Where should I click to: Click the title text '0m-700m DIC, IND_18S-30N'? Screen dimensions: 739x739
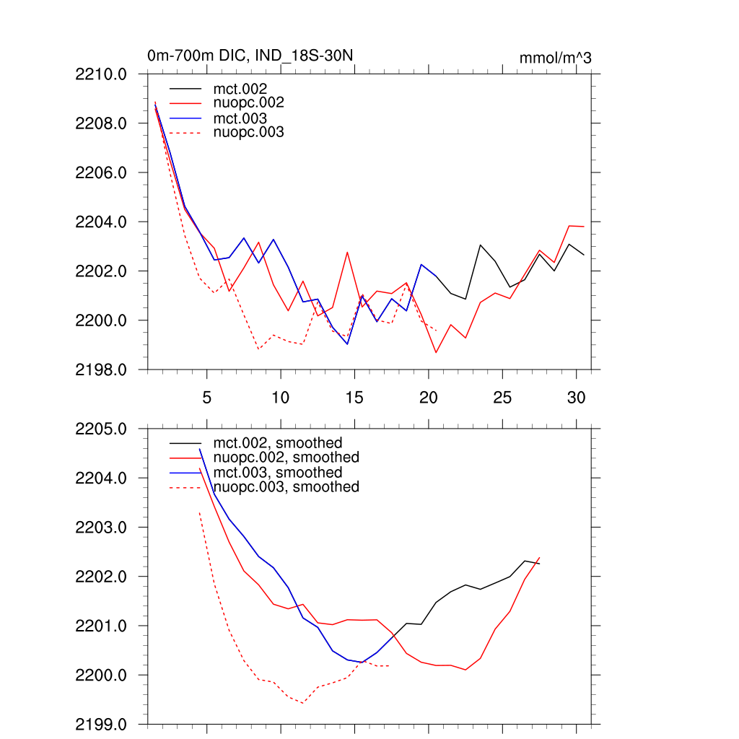(x=250, y=56)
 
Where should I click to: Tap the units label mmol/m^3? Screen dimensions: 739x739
(x=555, y=58)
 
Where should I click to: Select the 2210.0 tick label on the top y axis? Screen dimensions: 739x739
(x=101, y=74)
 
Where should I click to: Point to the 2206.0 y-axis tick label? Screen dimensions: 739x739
(x=101, y=172)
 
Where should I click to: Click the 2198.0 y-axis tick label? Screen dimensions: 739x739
(x=101, y=369)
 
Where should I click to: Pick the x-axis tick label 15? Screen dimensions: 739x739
(x=354, y=397)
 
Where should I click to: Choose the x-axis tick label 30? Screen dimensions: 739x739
(x=576, y=397)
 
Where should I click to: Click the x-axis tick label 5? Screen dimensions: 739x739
(x=207, y=397)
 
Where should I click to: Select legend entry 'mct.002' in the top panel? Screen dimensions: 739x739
(x=245, y=89)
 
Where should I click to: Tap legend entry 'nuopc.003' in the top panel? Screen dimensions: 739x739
(x=253, y=132)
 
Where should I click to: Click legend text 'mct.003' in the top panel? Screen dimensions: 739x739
(x=245, y=118)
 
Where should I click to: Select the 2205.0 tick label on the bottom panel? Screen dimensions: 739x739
(x=101, y=429)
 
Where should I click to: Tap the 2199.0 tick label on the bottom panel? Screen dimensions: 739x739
(x=101, y=724)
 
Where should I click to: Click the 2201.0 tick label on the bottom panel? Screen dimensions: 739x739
(x=101, y=626)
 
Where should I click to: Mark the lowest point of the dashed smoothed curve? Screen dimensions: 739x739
(x=302, y=702)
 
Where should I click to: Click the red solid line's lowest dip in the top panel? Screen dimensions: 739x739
(x=436, y=352)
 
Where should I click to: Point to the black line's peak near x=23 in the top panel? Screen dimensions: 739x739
(x=481, y=245)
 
